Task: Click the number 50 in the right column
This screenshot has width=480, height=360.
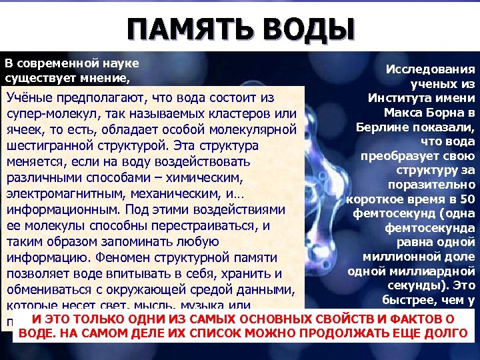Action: (x=468, y=199)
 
